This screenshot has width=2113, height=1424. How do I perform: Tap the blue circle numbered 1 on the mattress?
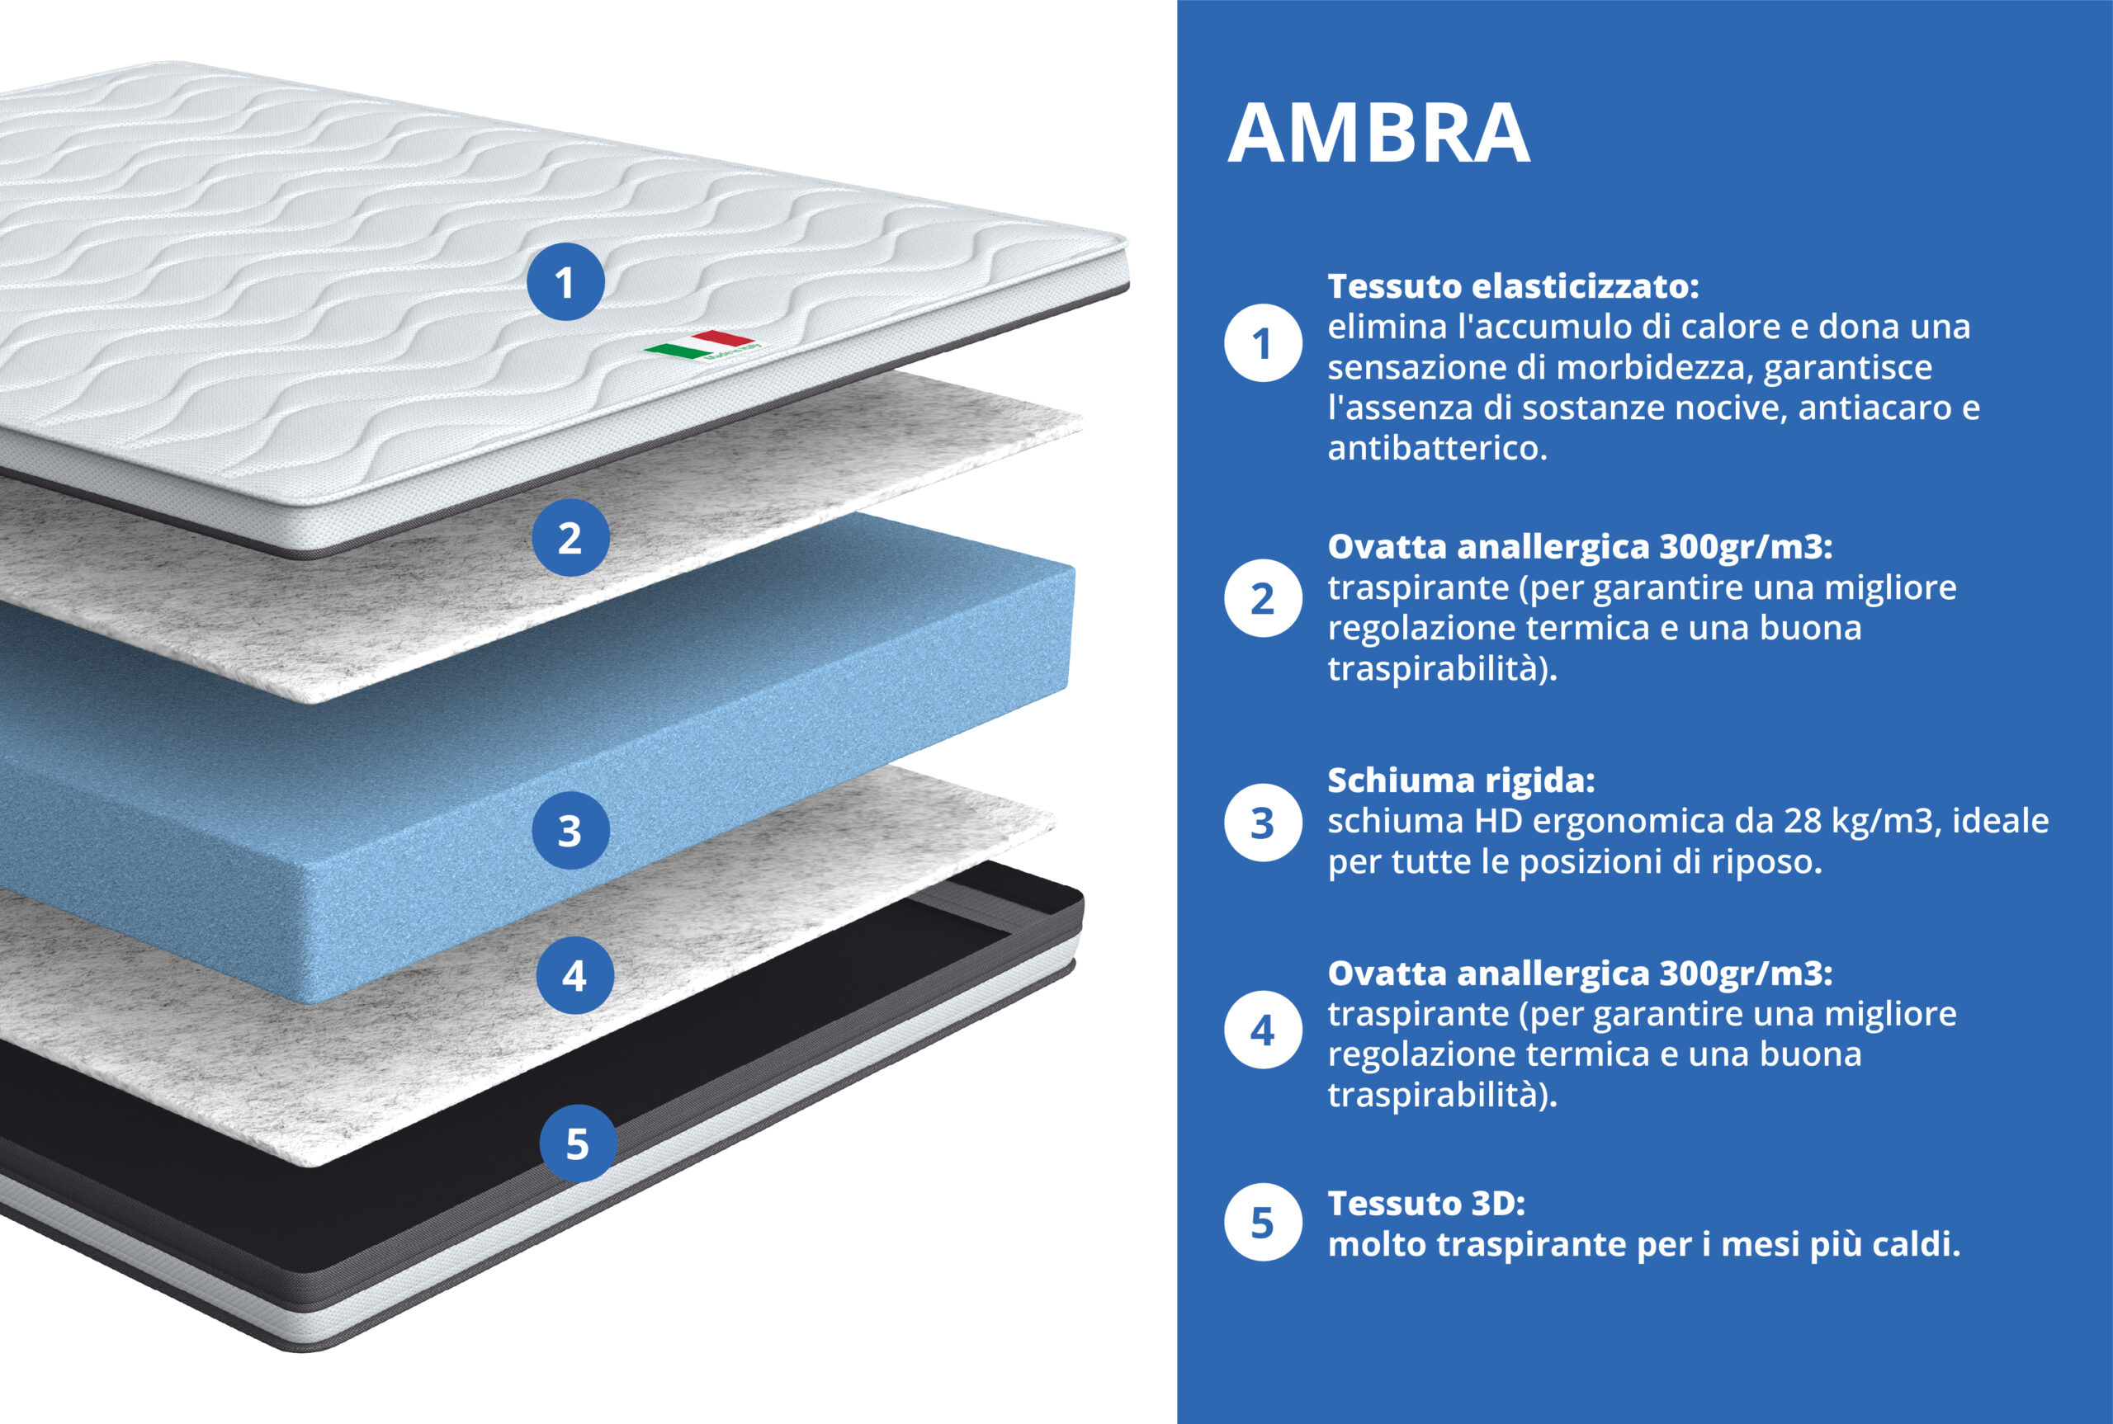(x=565, y=281)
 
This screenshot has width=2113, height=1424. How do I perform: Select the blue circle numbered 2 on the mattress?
(x=570, y=538)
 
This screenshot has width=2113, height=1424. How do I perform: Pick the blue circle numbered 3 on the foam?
(x=570, y=830)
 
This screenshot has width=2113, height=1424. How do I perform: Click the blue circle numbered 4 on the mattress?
(x=575, y=975)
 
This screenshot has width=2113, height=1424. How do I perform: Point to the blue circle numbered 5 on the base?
(x=579, y=1143)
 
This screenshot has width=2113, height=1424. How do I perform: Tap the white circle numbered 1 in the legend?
(x=1263, y=343)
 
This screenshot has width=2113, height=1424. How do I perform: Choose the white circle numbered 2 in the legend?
(x=1263, y=597)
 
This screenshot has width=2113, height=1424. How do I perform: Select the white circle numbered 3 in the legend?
(x=1263, y=823)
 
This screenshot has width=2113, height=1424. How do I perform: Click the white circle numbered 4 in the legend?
(x=1263, y=1030)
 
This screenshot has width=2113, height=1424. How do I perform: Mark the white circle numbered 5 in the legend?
(x=1263, y=1223)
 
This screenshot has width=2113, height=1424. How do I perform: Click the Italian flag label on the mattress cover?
(x=703, y=346)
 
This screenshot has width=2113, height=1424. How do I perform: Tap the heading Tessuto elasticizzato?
(x=1514, y=286)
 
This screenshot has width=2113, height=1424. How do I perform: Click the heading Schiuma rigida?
(x=1461, y=780)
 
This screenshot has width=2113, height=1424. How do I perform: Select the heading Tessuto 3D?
(x=1426, y=1204)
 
